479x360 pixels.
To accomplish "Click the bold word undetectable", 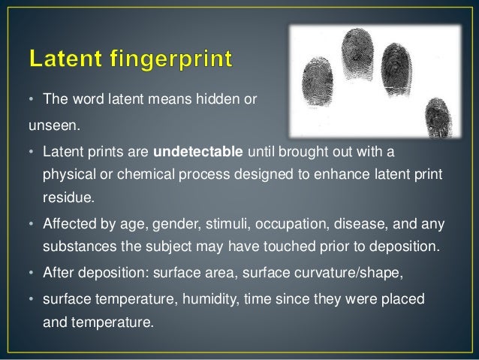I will pos(197,154).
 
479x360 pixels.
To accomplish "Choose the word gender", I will pos(167,223).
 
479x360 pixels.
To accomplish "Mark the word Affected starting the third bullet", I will pos(66,223).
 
